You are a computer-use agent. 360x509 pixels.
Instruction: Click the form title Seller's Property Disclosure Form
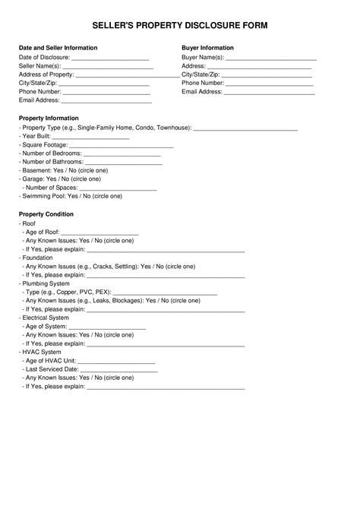pyautogui.click(x=180, y=25)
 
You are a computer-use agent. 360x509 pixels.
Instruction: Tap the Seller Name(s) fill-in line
pyautogui.click(x=108, y=67)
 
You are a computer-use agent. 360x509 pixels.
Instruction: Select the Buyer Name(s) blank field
pyautogui.click(x=271, y=58)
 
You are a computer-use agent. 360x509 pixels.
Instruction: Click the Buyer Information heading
pyautogui.click(x=207, y=47)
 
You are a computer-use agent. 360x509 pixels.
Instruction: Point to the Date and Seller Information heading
pyautogui.click(x=58, y=47)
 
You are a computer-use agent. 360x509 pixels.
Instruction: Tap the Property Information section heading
pyautogui.click(x=49, y=119)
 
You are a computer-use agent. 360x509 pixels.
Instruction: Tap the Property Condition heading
pyautogui.click(x=46, y=215)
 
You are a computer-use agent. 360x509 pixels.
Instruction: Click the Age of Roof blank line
pyautogui.click(x=99, y=233)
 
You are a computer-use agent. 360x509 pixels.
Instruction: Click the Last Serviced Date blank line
pyautogui.click(x=119, y=370)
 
